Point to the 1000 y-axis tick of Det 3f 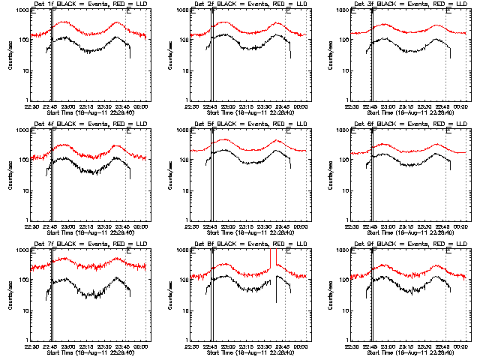pos(345,10)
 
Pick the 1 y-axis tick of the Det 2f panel pos(187,100)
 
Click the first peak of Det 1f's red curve pos(64,22)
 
